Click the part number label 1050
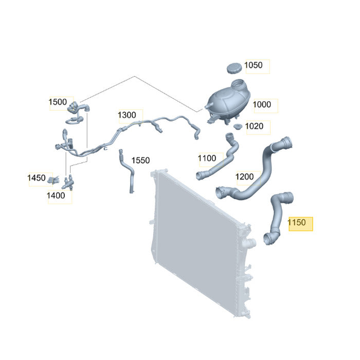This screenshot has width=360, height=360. [x=254, y=65]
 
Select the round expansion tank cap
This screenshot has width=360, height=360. [x=235, y=68]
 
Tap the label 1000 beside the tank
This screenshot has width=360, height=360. [x=262, y=104]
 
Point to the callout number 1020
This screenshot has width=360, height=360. [x=254, y=127]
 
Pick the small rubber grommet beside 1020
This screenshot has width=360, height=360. [x=238, y=127]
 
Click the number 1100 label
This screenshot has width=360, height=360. [x=207, y=158]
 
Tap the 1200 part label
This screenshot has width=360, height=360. [x=244, y=177]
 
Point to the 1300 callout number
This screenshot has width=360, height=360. [x=127, y=115]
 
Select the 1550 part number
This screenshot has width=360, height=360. [x=140, y=160]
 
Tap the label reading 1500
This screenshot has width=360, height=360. [x=58, y=102]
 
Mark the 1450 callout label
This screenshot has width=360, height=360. [x=37, y=178]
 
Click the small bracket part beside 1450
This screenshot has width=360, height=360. [x=53, y=180]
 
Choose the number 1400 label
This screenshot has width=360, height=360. [x=56, y=196]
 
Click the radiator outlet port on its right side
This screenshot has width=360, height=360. [x=251, y=243]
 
